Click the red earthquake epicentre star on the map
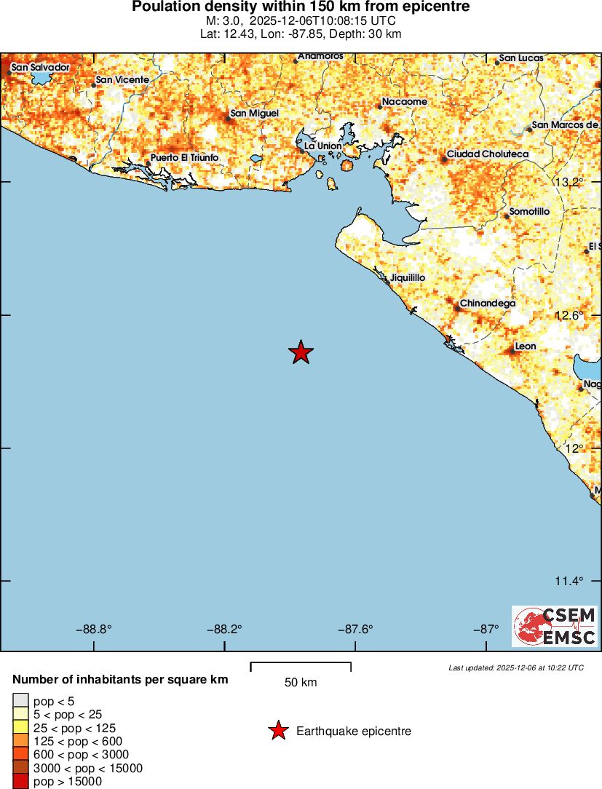click(x=301, y=352)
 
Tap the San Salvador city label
click(x=40, y=67)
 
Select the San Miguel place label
click(x=254, y=113)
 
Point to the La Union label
click(x=322, y=146)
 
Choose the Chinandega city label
click(x=487, y=303)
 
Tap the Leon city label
click(x=525, y=346)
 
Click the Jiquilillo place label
click(x=408, y=278)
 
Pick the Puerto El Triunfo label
click(x=184, y=158)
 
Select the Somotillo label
click(x=529, y=211)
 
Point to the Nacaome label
click(x=405, y=102)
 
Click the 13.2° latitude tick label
click(x=569, y=182)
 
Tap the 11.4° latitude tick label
click(x=569, y=581)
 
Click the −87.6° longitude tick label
click(x=355, y=630)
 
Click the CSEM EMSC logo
click(x=555, y=627)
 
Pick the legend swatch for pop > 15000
click(x=20, y=782)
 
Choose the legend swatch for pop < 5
click(x=20, y=701)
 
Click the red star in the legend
click(x=277, y=731)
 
